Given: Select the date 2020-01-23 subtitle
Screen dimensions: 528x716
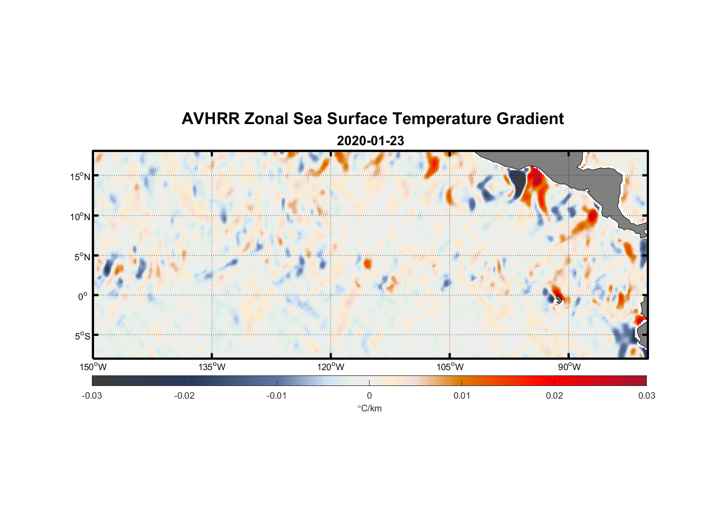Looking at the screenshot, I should click(370, 141).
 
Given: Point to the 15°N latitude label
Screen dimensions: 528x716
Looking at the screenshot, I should click(80, 176).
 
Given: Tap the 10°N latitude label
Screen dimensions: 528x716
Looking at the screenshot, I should click(80, 216).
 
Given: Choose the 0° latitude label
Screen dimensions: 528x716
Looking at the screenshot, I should click(83, 296).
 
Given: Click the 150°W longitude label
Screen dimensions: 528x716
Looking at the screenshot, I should click(93, 367).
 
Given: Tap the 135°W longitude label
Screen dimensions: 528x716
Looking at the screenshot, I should click(212, 367).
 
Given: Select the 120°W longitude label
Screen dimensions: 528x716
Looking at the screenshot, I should click(331, 367).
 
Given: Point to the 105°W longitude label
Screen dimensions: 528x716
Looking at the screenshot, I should click(449, 367).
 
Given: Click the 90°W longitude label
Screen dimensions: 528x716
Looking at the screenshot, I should click(569, 367).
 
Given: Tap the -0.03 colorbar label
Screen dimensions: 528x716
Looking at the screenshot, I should click(92, 395).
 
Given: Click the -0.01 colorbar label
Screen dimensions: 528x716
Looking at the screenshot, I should click(277, 395).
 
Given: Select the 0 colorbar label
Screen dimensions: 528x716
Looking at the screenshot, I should click(369, 395).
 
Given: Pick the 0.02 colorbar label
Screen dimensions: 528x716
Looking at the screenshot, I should click(554, 395).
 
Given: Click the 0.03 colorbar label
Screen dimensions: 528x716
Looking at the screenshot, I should click(646, 395).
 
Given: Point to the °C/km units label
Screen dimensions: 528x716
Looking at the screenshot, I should click(369, 408).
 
